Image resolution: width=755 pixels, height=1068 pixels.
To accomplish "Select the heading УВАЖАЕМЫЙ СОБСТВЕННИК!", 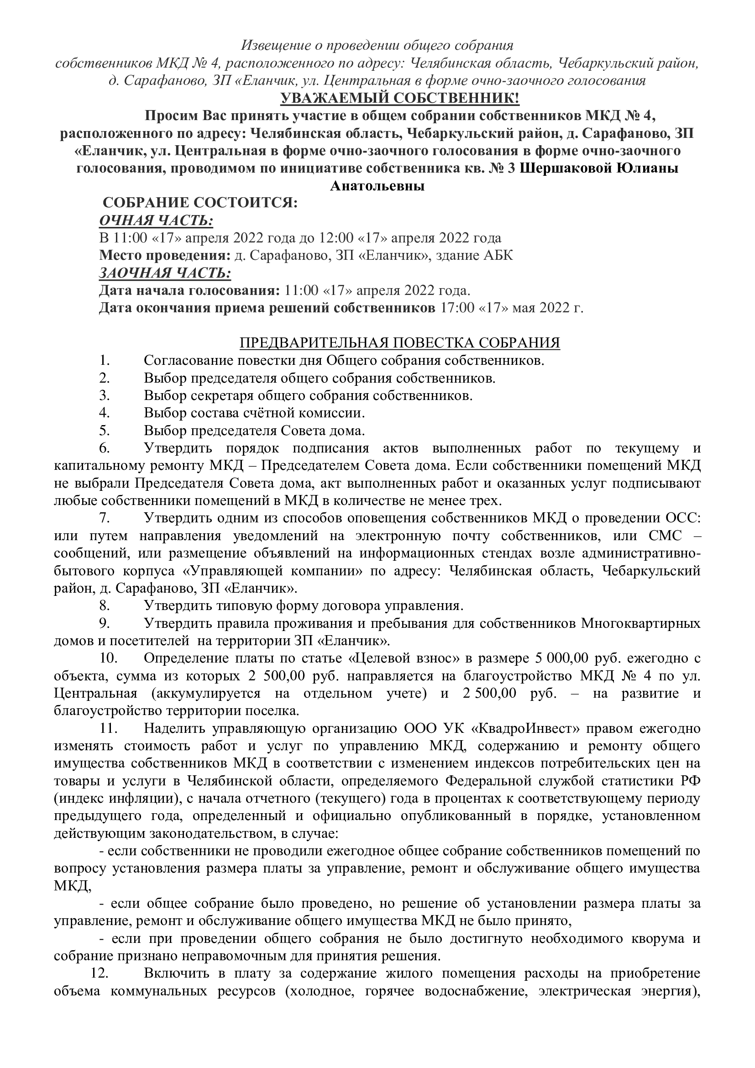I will tap(377, 99).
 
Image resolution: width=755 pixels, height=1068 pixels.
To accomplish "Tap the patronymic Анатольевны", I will tap(377, 186).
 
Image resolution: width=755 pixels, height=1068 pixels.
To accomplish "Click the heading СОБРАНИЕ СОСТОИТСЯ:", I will tap(199, 203).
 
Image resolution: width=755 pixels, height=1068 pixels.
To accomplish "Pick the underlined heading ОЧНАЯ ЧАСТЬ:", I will tap(156, 221).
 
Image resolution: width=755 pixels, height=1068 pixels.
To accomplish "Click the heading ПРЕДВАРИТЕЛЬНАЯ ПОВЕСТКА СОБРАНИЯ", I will tap(400, 343).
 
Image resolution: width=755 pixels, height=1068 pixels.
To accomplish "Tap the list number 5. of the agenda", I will tap(104, 431).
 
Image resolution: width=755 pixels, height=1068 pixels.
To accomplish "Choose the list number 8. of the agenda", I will tap(104, 605).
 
